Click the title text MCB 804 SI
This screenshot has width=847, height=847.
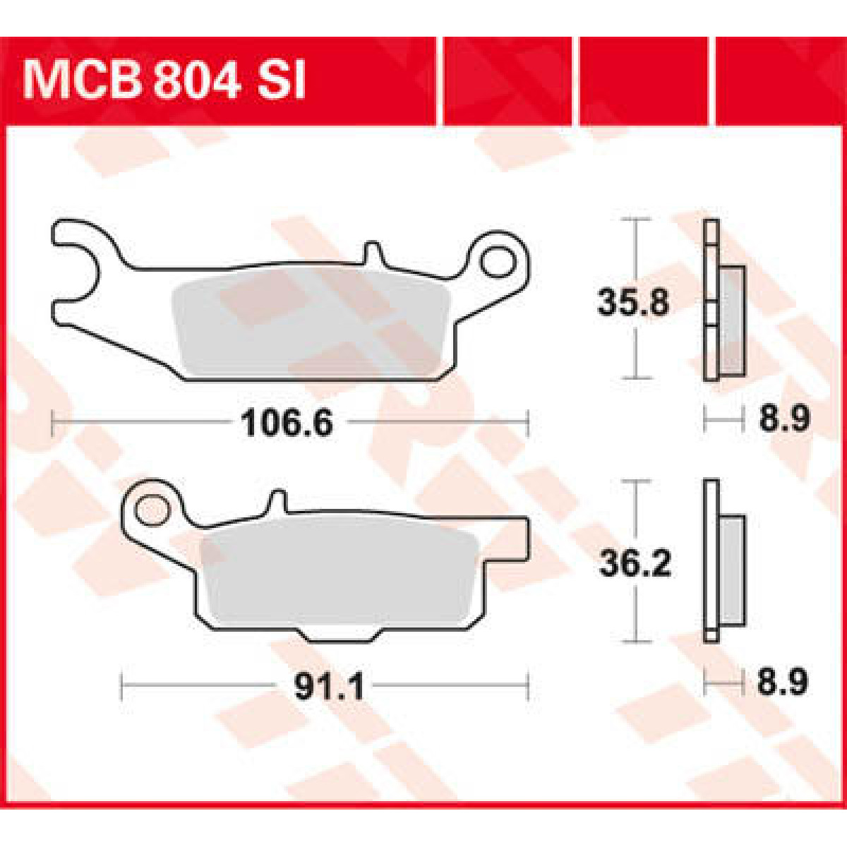pyautogui.click(x=163, y=80)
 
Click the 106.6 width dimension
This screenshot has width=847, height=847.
pyautogui.click(x=287, y=422)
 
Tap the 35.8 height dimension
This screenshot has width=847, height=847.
pyautogui.click(x=633, y=301)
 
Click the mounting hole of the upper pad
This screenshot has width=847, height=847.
pyautogui.click(x=498, y=262)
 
